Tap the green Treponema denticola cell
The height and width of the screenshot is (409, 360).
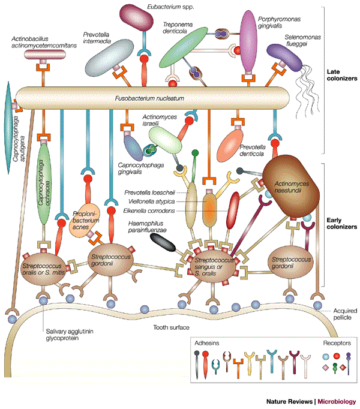coord(186,48)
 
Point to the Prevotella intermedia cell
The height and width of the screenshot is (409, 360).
coord(112,57)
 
